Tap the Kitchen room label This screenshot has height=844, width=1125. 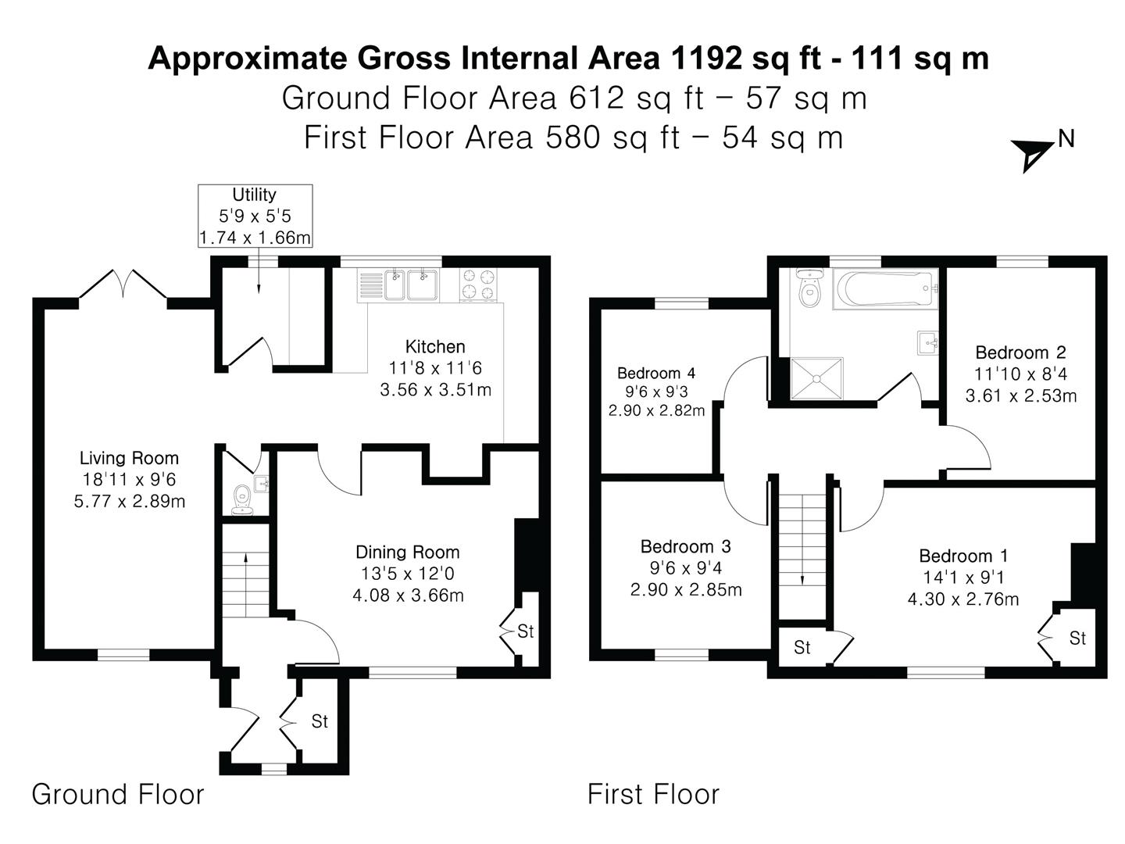[435, 347]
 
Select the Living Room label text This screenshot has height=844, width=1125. [129, 459]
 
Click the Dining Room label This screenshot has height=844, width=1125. [408, 553]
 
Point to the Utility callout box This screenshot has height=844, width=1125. [255, 216]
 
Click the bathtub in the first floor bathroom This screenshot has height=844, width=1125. [885, 288]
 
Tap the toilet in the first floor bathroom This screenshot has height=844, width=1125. [809, 290]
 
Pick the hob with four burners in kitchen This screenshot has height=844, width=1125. [479, 284]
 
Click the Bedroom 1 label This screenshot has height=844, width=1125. [963, 556]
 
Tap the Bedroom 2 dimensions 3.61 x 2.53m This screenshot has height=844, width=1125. [1021, 396]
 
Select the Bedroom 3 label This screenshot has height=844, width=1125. [685, 547]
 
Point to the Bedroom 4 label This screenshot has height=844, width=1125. [656, 374]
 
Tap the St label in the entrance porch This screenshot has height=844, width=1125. [320, 721]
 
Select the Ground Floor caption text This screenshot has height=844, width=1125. [118, 795]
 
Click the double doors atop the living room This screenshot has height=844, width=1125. [123, 284]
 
